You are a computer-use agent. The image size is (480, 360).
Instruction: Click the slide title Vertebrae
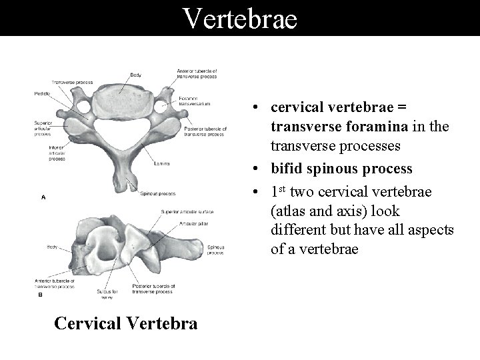pyautogui.click(x=240, y=18)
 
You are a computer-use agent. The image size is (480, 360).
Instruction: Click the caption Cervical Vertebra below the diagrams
pyautogui.click(x=125, y=323)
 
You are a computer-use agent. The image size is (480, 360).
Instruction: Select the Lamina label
pyautogui.click(x=161, y=163)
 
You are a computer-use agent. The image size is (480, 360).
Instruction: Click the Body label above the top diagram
pyautogui.click(x=135, y=75)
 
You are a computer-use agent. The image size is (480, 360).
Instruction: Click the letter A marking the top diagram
pyautogui.click(x=43, y=197)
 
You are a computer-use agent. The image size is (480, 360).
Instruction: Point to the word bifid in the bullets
pyautogui.click(x=287, y=169)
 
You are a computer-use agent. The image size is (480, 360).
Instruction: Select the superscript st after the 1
pyautogui.click(x=283, y=189)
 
